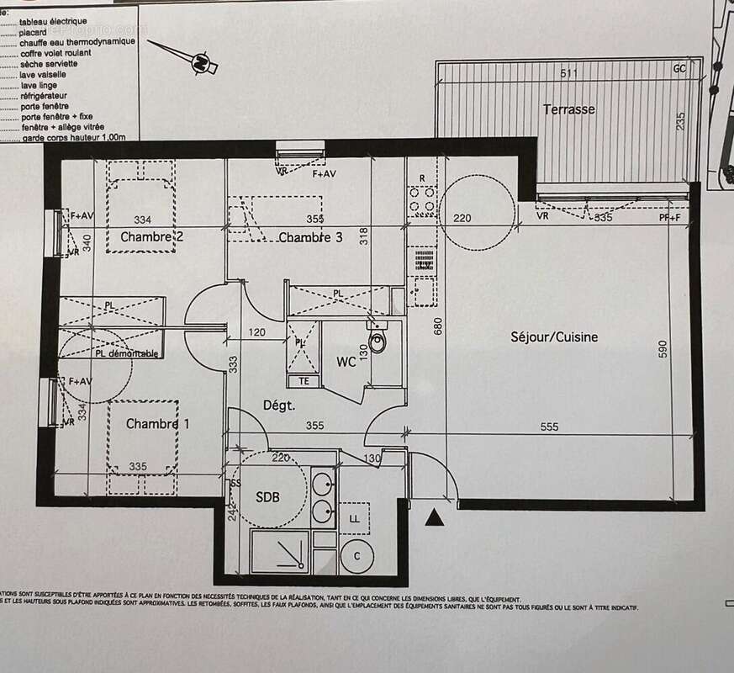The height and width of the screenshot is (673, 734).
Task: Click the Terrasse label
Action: pyautogui.click(x=568, y=109)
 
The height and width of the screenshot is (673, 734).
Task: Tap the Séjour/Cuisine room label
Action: pyautogui.click(x=554, y=337)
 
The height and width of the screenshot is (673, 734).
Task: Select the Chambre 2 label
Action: pyautogui.click(x=151, y=237)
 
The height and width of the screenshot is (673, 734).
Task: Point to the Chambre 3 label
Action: pyautogui.click(x=310, y=237)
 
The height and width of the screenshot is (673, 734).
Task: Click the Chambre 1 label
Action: pyautogui.click(x=157, y=424)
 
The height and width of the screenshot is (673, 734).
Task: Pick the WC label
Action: pyautogui.click(x=346, y=363)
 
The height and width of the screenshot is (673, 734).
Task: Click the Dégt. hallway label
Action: pyautogui.click(x=279, y=405)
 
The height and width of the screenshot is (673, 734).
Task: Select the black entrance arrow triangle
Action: pyautogui.click(x=434, y=517)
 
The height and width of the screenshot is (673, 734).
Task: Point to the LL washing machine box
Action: pyautogui.click(x=354, y=519)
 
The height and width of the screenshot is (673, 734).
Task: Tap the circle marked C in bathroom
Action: pyautogui.click(x=356, y=556)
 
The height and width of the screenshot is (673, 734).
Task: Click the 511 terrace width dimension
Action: pyautogui.click(x=569, y=74)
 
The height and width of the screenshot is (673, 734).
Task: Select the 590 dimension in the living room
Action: pyautogui.click(x=663, y=350)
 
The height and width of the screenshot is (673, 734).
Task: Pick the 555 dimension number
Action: pyautogui.click(x=548, y=427)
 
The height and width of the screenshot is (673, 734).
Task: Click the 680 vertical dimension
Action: pyautogui.click(x=437, y=326)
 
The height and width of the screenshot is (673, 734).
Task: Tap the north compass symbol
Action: pyautogui.click(x=199, y=61)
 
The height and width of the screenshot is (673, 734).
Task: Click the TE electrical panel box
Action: pyautogui.click(x=304, y=380)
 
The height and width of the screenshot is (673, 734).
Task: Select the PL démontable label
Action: pyautogui.click(x=125, y=354)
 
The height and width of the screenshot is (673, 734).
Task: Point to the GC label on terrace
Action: pyautogui.click(x=679, y=70)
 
